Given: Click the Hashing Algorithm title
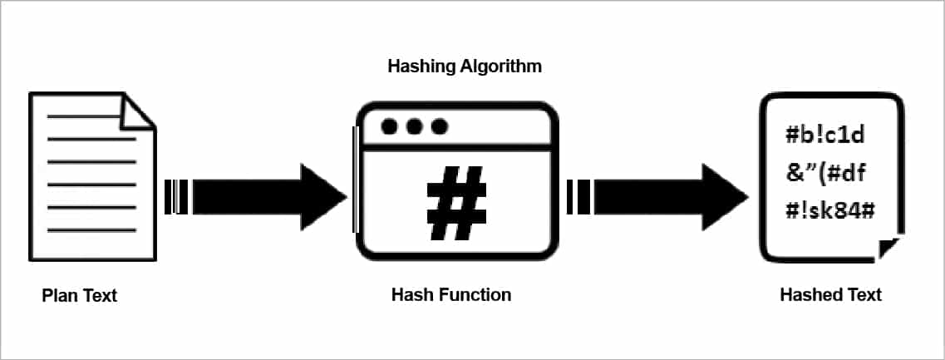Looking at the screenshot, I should point(465,66).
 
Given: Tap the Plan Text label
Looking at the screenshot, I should point(80,295).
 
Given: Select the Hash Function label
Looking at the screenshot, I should point(451,294).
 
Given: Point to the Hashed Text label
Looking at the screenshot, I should point(830,294).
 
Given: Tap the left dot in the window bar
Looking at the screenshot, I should point(388,127).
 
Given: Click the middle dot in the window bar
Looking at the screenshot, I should point(414,127).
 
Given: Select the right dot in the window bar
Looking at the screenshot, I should point(440,127).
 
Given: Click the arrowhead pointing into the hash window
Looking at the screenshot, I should point(325,197).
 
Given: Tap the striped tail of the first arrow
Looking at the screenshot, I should point(176,197).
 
